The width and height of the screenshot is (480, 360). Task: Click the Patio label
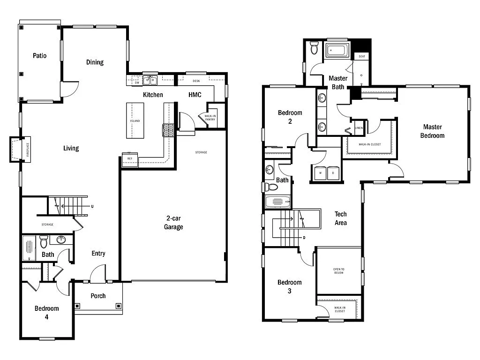[40, 56]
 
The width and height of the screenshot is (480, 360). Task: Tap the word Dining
[95, 62]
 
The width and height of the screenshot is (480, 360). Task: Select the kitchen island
[135, 121]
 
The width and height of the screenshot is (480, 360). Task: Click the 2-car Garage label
[173, 223]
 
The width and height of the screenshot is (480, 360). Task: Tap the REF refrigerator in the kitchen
[130, 158]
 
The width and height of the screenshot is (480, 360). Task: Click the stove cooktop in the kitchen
[168, 130]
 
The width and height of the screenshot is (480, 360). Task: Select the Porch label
[98, 296]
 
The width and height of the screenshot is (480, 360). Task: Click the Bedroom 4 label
[47, 312]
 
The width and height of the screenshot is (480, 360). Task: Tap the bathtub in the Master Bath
[337, 50]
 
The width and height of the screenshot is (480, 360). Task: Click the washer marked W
[320, 173]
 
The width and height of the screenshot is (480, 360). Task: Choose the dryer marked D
[333, 173]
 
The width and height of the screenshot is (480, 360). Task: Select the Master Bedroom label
[432, 131]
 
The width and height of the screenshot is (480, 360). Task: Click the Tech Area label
[341, 218]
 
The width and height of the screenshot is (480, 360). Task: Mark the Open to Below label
[338, 271]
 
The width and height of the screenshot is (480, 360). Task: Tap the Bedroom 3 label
[290, 286]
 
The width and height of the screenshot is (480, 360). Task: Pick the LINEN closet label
[359, 127]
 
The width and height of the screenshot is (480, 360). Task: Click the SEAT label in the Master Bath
[362, 56]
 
